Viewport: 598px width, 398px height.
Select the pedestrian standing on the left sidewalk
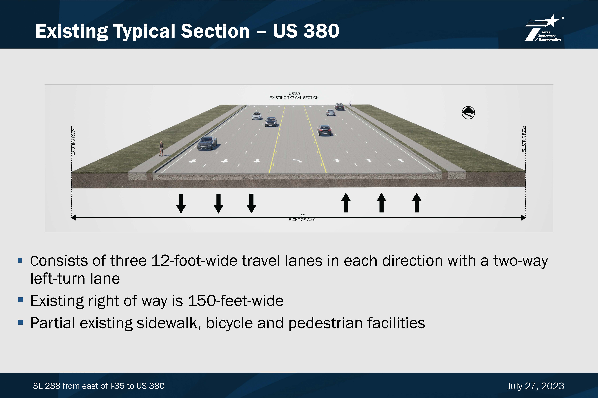click(161, 148)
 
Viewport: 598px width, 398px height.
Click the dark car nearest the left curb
click(207, 143)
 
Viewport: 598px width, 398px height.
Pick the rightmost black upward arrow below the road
click(416, 203)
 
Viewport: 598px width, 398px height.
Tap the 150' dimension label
click(302, 215)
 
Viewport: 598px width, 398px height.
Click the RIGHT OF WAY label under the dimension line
click(302, 220)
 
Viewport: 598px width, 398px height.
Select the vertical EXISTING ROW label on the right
click(524, 139)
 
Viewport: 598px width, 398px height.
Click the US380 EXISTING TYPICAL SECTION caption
click(294, 96)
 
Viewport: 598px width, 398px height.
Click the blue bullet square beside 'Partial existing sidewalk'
click(21, 322)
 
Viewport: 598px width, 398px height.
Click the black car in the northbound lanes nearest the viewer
click(324, 130)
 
